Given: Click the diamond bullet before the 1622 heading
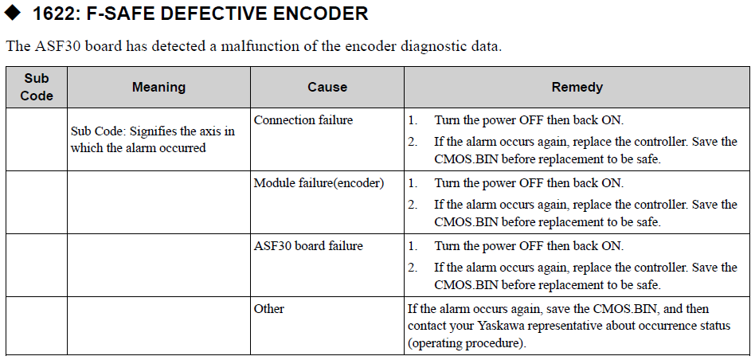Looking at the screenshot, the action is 12,13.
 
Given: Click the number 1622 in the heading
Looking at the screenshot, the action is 53,14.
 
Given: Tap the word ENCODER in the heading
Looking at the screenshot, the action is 321,14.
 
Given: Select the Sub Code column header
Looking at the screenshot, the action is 37,87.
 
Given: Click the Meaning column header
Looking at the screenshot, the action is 159,87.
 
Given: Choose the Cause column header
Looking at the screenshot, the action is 327,87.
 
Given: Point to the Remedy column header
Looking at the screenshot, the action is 577,87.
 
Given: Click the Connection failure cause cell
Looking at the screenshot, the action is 303,120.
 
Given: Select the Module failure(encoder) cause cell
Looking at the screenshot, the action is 319,183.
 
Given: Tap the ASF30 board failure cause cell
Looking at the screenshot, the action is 308,246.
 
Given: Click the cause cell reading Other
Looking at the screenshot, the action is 269,308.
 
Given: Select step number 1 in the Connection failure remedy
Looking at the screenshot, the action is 413,120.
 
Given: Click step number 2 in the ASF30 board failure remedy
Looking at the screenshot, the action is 413,267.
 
